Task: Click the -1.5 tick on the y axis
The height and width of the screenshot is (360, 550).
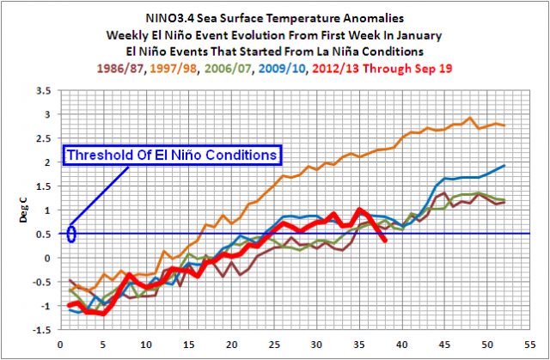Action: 40,330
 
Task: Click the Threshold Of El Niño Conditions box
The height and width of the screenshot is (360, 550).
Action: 173,155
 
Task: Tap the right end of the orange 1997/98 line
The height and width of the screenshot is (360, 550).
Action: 504,125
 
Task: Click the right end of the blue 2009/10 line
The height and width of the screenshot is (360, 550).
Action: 504,165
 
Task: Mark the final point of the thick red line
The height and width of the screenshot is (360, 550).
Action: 384,240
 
